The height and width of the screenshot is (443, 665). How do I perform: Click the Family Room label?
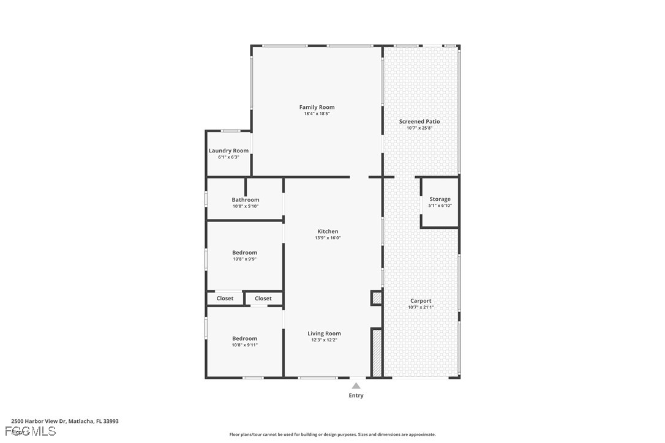tap(317, 107)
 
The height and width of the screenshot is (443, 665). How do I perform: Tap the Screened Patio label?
tap(419, 121)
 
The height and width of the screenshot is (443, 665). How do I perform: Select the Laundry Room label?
tap(228, 151)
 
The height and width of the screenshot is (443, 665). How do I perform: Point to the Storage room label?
tap(440, 199)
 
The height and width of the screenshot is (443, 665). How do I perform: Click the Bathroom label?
tap(245, 199)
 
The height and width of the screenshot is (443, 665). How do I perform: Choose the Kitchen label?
tap(328, 231)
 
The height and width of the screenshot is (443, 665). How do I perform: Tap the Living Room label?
tap(324, 333)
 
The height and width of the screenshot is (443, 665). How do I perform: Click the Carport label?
tap(421, 300)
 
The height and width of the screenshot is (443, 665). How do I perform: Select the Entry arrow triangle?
tap(356, 385)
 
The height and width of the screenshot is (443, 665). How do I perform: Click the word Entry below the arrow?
tap(356, 395)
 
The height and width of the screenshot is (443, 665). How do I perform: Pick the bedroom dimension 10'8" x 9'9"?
tap(244, 259)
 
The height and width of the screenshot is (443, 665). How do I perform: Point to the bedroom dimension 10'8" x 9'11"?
tap(244, 345)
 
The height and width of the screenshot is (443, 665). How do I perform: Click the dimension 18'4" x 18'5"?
tap(317, 114)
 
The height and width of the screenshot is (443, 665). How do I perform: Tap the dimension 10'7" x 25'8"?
tap(419, 128)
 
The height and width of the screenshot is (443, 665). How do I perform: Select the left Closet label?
tap(225, 299)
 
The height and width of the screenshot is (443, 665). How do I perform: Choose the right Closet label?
tap(263, 299)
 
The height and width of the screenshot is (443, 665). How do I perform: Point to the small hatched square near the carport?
tap(377, 299)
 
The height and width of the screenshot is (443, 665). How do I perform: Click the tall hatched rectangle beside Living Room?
tap(377, 353)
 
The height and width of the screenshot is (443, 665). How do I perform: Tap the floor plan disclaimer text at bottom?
tap(332, 434)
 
